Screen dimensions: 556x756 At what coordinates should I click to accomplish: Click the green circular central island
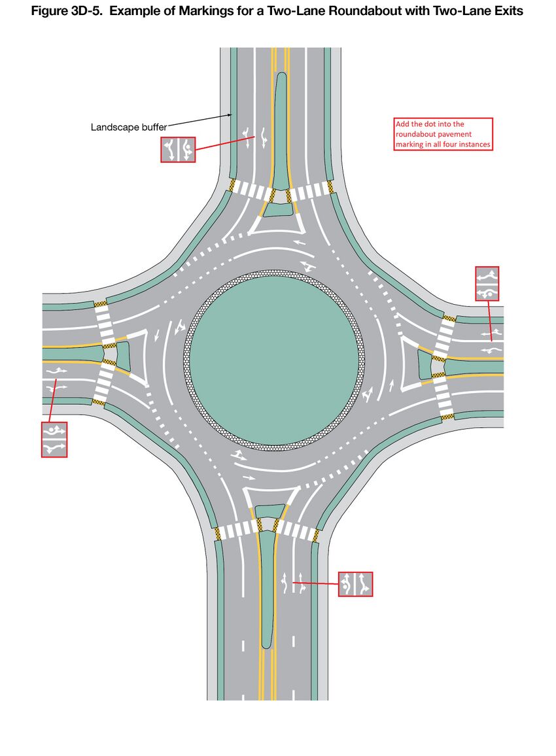click(274, 360)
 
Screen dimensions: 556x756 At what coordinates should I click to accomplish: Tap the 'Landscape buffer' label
click(129, 128)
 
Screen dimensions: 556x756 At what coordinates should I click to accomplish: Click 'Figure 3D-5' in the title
click(67, 10)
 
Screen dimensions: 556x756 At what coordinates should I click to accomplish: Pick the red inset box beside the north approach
click(178, 150)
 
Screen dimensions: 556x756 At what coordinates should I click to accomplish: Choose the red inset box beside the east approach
click(487, 284)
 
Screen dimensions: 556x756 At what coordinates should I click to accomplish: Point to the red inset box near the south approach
click(355, 584)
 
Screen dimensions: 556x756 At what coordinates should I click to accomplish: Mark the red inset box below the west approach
click(54, 439)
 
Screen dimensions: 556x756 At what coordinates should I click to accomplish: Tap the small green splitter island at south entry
click(270, 511)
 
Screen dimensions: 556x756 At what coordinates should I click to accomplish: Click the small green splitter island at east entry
click(425, 364)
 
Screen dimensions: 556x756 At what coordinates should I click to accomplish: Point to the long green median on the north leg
click(281, 130)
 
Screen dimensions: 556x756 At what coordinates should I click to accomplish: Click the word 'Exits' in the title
click(507, 10)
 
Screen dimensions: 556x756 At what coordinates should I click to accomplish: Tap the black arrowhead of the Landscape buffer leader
click(230, 114)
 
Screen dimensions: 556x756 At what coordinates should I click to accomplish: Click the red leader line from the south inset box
click(315, 583)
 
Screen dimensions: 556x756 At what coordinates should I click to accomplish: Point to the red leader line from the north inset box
click(226, 143)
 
